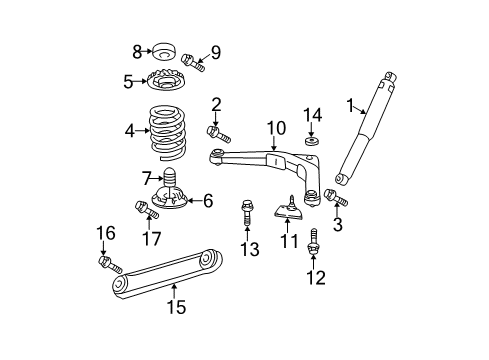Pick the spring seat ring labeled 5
[x=171, y=83]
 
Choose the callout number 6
[x=208, y=201]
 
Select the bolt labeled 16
[x=107, y=263]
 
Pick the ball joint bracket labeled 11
[x=288, y=213]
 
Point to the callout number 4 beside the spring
[x=129, y=129]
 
